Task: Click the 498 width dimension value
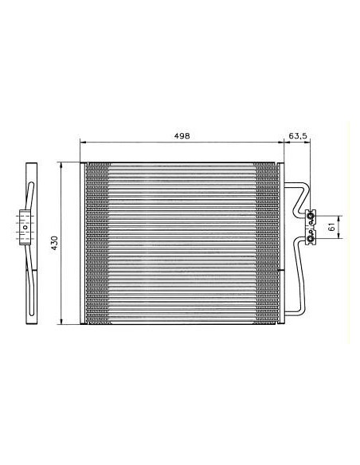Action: (x=182, y=137)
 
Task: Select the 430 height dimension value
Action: (x=53, y=242)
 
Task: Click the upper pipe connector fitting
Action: (x=311, y=213)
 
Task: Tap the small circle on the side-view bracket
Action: (x=25, y=228)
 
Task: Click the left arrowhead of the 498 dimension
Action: (x=83, y=144)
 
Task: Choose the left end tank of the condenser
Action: (x=82, y=242)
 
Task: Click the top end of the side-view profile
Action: (x=31, y=165)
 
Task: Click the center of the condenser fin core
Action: (x=182, y=242)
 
